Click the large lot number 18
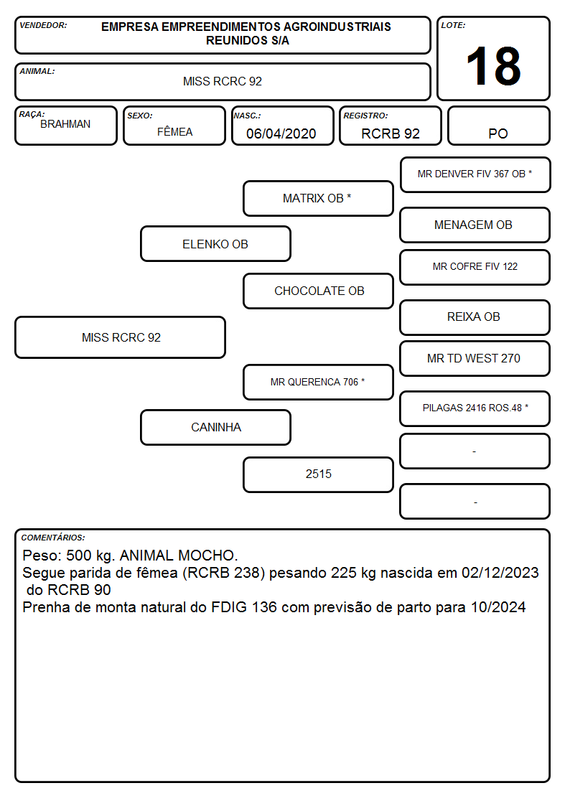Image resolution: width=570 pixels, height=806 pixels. coord(493,66)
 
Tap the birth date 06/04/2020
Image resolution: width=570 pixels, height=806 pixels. coord(281,133)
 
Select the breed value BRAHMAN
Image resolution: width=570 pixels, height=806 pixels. coord(65,124)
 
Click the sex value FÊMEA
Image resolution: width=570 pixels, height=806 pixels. coord(174,131)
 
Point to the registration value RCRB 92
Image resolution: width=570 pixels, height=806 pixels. coord(391,133)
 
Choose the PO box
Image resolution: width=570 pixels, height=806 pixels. coord(498,126)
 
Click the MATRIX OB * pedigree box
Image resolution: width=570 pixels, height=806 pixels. coord(318,198)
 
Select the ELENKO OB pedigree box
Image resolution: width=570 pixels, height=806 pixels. coord(215,244)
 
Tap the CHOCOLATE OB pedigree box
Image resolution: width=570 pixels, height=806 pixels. coord(318,291)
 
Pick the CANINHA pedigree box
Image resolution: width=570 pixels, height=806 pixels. coord(215,427)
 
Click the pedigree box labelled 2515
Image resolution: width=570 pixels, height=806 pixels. coord(318,474)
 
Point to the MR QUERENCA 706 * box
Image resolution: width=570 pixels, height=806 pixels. coord(318,382)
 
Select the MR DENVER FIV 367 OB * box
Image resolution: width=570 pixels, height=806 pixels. coord(475,175)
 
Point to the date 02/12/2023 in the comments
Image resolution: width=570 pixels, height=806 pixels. coord(500,573)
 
